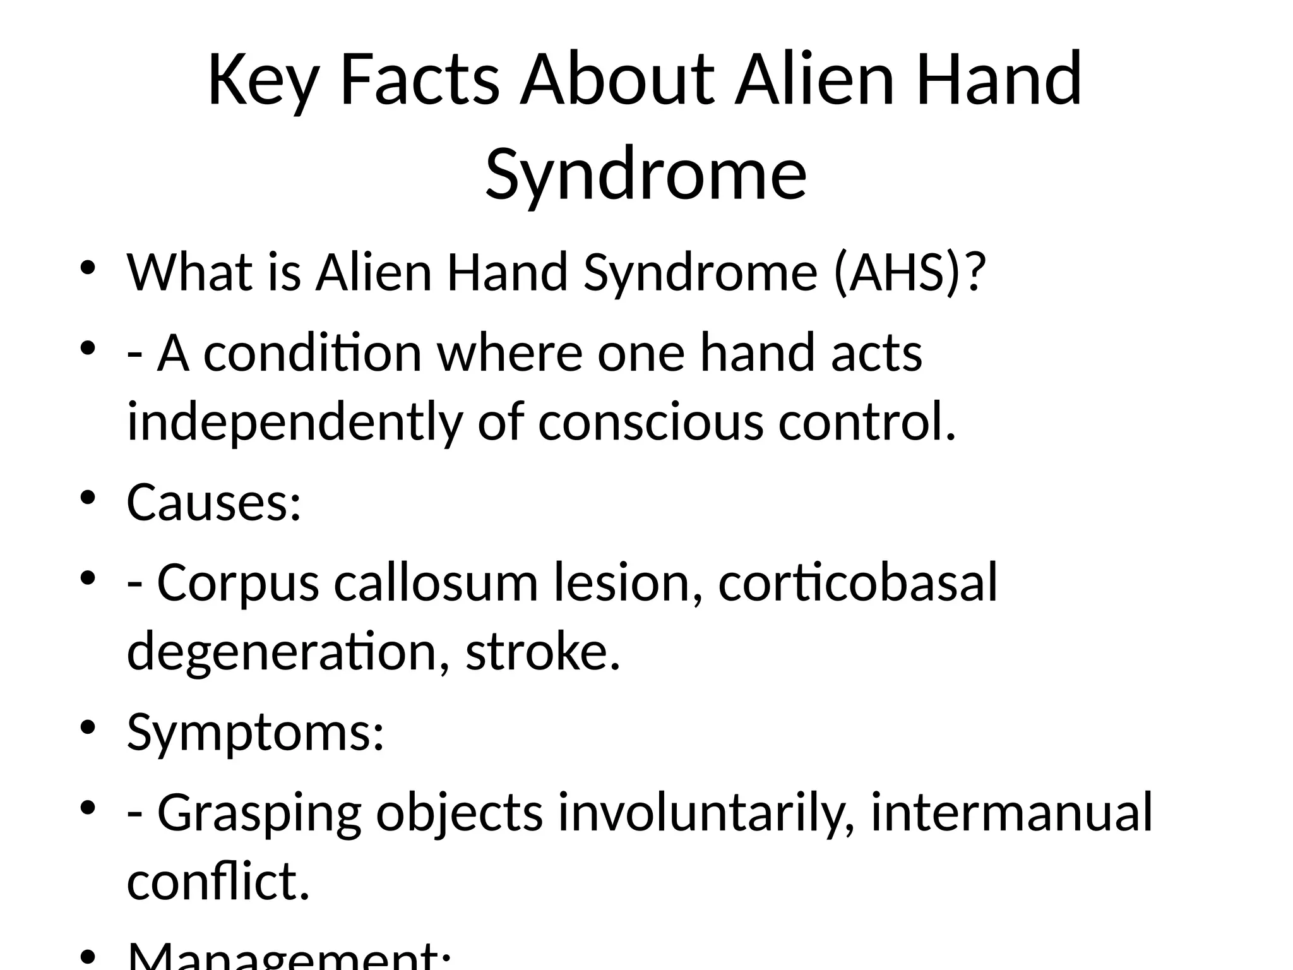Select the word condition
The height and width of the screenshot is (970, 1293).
click(x=313, y=353)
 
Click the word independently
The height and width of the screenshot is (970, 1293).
click(x=294, y=422)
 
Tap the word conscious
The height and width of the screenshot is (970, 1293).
click(x=650, y=422)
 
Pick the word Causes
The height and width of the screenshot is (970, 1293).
click(x=213, y=503)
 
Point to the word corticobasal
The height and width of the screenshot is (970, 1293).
click(x=858, y=582)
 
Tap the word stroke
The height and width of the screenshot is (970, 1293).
click(x=543, y=652)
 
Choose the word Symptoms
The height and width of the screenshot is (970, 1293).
click(x=255, y=733)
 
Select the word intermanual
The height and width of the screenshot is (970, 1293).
click(x=1012, y=812)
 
